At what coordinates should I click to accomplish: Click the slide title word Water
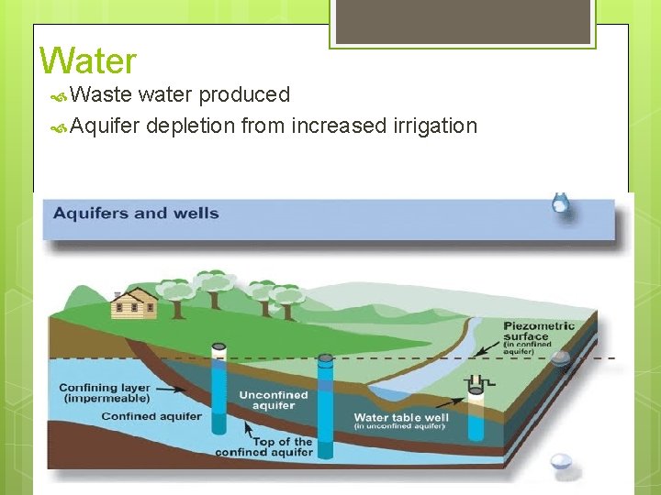[88, 61]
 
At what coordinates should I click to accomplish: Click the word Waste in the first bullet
[101, 94]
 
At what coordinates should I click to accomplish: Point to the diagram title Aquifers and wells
[136, 214]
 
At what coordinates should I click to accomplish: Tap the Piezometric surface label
[539, 331]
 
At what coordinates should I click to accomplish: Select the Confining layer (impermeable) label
[104, 392]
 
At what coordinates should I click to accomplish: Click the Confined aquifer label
[151, 416]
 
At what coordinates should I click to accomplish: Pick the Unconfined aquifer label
[274, 401]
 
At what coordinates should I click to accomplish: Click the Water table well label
[401, 418]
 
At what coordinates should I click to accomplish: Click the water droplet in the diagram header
[559, 204]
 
